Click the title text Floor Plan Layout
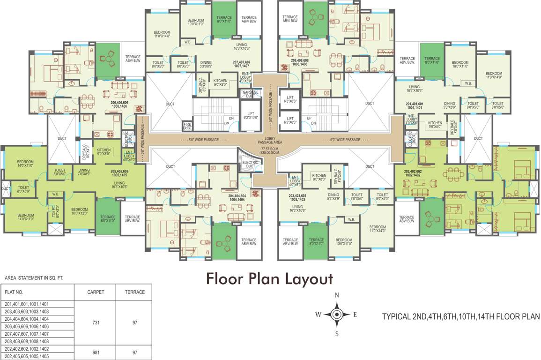point(270,279)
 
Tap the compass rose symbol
point(336,315)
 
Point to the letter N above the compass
point(336,295)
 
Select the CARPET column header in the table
point(96,292)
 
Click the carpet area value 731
point(96,323)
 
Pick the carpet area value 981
point(96,352)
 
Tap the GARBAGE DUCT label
point(250,93)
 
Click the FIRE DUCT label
point(187,126)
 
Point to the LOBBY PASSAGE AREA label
point(270,142)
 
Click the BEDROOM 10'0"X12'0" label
point(79,211)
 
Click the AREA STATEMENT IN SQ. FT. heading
point(34,278)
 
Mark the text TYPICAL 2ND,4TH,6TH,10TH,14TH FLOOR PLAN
point(460,316)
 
